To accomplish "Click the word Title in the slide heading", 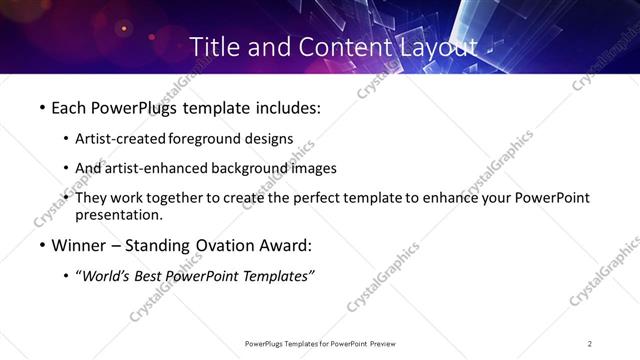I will [x=212, y=46].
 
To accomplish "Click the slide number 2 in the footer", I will [x=590, y=344].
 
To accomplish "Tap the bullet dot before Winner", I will [x=41, y=246].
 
